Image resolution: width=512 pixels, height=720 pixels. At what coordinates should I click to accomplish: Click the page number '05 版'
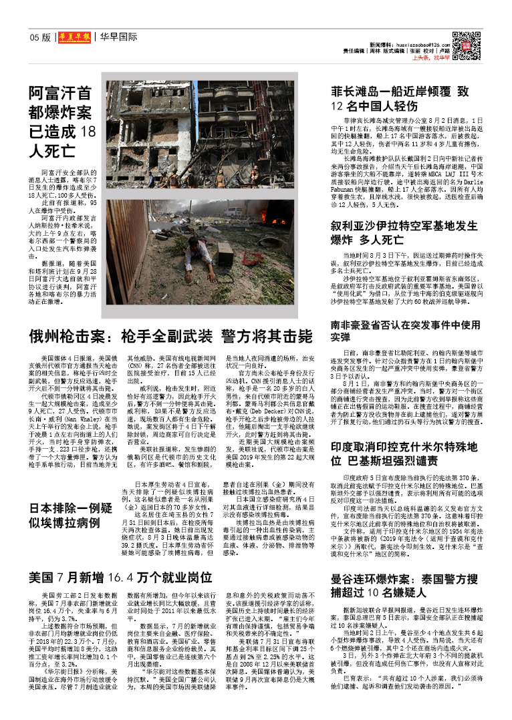coord(40,38)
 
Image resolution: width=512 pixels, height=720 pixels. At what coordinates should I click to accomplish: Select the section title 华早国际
coord(119,37)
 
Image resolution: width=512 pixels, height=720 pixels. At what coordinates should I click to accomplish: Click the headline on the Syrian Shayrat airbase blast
coord(404,233)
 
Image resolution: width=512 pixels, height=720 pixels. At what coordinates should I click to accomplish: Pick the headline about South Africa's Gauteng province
coord(405,331)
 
